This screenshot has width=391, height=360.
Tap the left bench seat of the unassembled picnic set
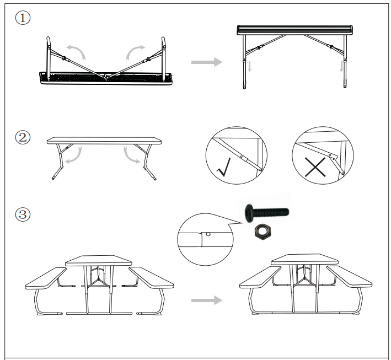[46, 278]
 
